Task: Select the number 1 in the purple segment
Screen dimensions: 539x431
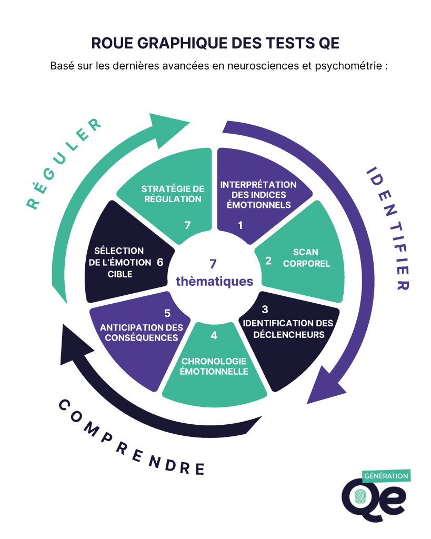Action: click(x=240, y=225)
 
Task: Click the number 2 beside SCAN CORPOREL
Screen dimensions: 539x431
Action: click(x=268, y=260)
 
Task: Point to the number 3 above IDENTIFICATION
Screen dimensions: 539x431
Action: click(x=265, y=310)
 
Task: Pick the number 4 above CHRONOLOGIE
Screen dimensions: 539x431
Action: click(x=214, y=335)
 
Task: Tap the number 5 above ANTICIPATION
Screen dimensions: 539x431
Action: click(x=167, y=313)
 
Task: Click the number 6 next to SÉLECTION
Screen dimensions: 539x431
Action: click(x=160, y=262)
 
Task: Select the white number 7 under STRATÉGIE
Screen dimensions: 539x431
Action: click(x=187, y=225)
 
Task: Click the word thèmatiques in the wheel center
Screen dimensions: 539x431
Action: click(x=214, y=282)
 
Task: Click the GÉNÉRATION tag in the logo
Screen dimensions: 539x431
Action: click(x=386, y=476)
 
